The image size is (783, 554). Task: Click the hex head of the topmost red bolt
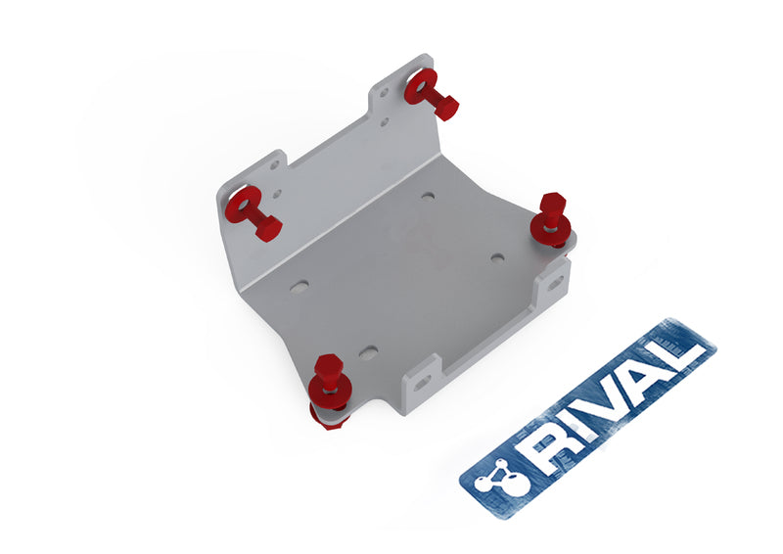444,106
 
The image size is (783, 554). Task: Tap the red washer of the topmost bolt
419,86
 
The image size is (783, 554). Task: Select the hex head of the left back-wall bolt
267,228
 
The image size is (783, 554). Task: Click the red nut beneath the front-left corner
329,416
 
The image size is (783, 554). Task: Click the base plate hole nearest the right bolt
497,258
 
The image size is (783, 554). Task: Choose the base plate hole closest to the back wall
428,197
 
